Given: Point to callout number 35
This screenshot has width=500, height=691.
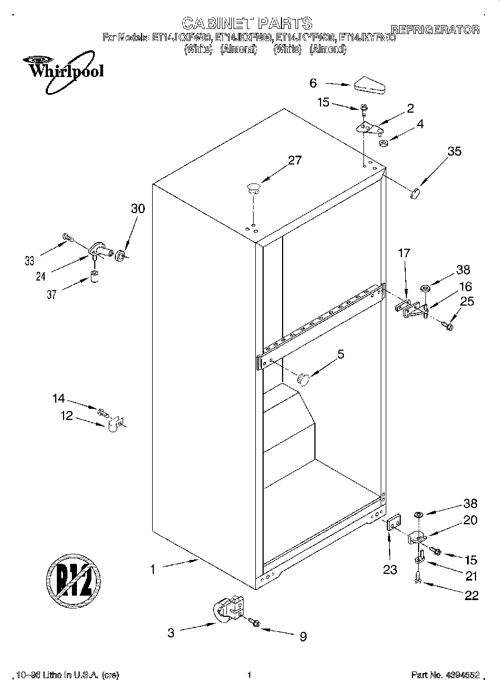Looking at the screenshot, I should [x=454, y=151].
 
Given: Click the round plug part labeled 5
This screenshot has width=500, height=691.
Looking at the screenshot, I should [x=303, y=379].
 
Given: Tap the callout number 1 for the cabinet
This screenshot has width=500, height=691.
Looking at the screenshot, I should [x=152, y=569].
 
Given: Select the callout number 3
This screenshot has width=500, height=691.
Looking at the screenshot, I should [x=171, y=632].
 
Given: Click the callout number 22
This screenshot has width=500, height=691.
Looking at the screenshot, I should [x=471, y=595].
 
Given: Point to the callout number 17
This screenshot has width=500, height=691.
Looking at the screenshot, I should [x=404, y=253].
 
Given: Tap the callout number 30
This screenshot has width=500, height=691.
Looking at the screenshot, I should [x=138, y=209].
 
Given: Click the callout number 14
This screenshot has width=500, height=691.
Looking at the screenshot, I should [x=59, y=398].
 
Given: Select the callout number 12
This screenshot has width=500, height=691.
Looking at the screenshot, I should [x=67, y=415].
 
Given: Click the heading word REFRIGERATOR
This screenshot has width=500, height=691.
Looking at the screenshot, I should [x=435, y=30].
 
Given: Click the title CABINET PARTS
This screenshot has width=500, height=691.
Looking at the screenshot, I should [x=247, y=23].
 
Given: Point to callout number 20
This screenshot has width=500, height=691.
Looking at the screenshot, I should [x=470, y=520].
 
